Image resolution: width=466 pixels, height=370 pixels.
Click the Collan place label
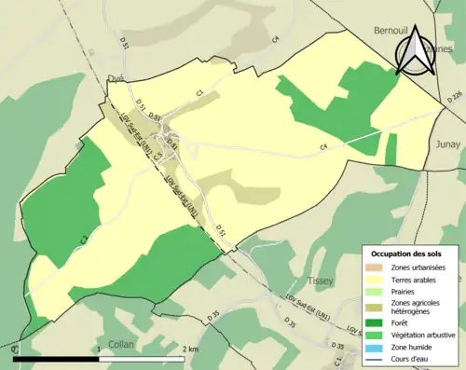pyautogui.click(x=121, y=344)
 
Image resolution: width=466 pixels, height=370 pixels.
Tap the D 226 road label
pyautogui.click(x=454, y=95)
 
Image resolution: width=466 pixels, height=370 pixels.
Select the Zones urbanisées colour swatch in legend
pyautogui.click(x=377, y=267)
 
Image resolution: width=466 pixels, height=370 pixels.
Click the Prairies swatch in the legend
pyautogui.click(x=377, y=290)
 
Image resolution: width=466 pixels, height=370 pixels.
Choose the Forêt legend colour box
pyautogui.click(x=377, y=323)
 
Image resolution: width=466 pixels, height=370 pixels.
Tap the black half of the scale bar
pyautogui.click(x=56, y=358)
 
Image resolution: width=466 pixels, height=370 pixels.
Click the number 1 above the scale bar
pyautogui.click(x=99, y=349)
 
